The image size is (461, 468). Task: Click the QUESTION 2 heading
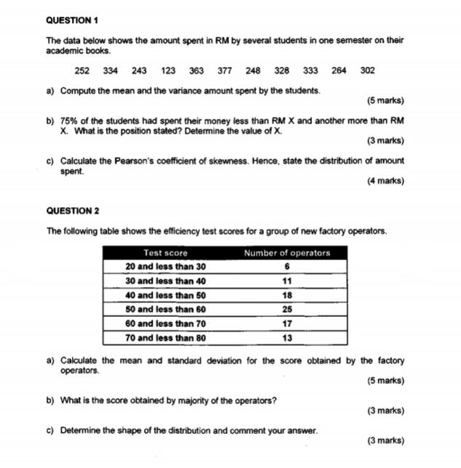click(x=72, y=211)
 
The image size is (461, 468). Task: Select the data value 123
click(x=168, y=70)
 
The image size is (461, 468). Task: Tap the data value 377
click(x=225, y=70)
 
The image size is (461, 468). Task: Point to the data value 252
click(x=82, y=70)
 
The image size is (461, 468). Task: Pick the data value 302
click(x=367, y=70)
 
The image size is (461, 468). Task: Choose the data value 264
click(x=339, y=70)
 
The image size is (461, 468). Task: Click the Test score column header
click(x=165, y=253)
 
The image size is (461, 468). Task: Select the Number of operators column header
click(x=286, y=253)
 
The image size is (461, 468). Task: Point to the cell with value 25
click(x=286, y=310)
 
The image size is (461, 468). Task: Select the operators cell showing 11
click(x=286, y=281)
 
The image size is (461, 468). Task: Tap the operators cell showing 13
click(x=286, y=338)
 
